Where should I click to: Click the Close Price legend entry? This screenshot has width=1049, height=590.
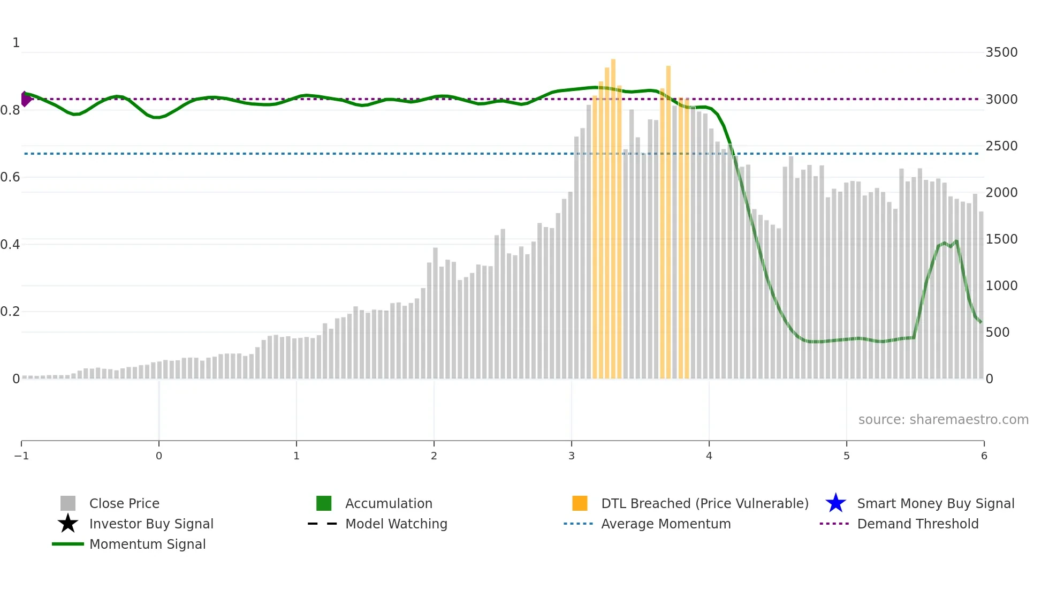click(x=124, y=503)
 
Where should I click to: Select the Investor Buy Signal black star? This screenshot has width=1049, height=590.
click(x=68, y=524)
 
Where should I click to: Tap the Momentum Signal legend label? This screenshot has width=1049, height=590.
click(x=147, y=544)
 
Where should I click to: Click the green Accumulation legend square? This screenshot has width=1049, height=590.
click(x=324, y=503)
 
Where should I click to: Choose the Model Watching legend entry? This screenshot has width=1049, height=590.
click(x=396, y=524)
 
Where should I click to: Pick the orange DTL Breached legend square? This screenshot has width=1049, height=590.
click(x=580, y=503)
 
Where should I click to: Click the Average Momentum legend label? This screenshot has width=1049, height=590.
click(x=666, y=524)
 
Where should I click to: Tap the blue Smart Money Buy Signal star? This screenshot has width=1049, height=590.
click(x=835, y=503)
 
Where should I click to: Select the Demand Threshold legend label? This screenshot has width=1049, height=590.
click(x=917, y=524)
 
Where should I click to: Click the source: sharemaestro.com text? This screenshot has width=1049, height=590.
click(x=943, y=419)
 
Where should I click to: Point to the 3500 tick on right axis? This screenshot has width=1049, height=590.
click(x=1001, y=52)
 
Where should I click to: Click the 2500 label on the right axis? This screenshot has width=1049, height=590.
click(x=1001, y=146)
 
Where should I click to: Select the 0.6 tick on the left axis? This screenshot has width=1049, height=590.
click(x=10, y=177)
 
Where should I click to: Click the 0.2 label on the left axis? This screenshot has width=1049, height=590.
click(x=10, y=312)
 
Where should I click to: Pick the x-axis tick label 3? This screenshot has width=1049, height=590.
click(x=572, y=456)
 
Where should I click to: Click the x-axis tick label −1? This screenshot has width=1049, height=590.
click(x=21, y=456)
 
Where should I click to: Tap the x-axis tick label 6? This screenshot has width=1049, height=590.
click(x=984, y=456)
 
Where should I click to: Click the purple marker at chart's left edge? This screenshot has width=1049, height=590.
click(x=25, y=99)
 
